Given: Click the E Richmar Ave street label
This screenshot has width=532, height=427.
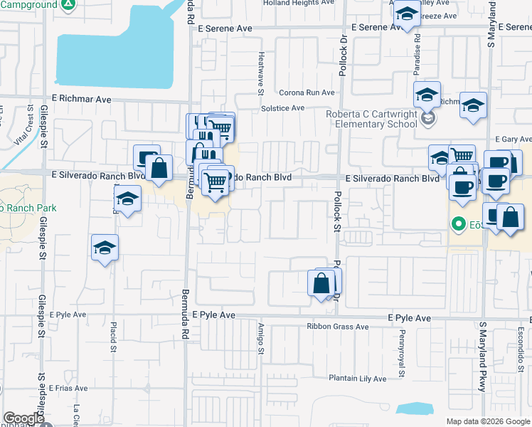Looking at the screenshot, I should [82, 100].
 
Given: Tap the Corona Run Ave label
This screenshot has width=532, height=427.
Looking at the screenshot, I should [306, 93].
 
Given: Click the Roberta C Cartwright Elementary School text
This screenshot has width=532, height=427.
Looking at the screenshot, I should [371, 118].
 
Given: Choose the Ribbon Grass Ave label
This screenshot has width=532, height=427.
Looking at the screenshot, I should [337, 327].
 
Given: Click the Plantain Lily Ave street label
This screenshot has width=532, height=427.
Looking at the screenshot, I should [357, 379].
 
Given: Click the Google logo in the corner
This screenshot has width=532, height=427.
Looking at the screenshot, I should [23, 418].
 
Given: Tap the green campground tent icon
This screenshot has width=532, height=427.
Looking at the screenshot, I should [68, 5].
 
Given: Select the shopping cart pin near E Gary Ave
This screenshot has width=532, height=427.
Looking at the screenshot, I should [462, 156].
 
